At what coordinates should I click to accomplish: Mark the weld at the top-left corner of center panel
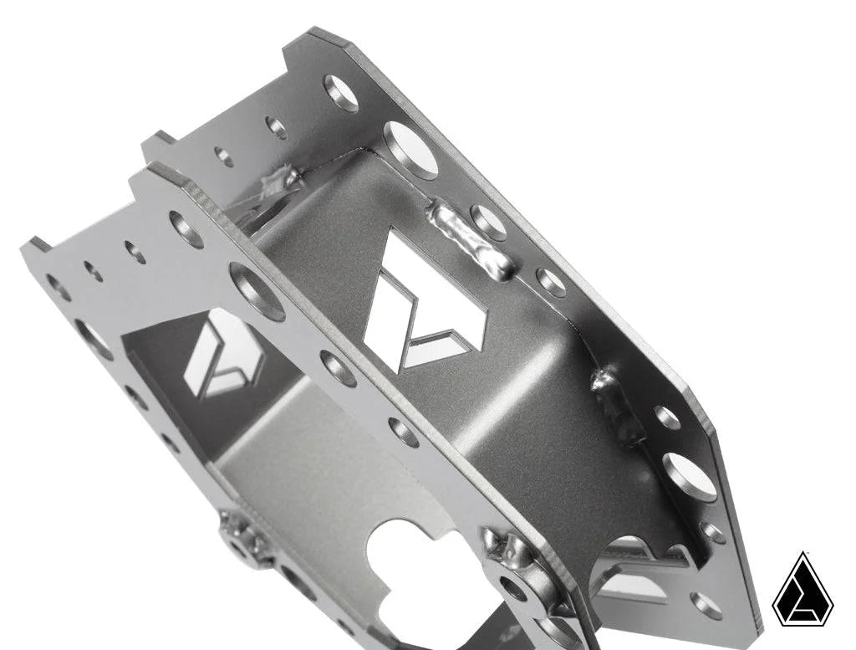[280, 179]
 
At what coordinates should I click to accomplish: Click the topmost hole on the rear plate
[340, 93]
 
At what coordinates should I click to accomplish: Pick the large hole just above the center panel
[410, 150]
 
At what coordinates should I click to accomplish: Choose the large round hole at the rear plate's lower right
[690, 477]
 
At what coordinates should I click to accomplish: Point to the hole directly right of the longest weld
[488, 223]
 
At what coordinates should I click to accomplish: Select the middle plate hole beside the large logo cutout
[338, 368]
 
